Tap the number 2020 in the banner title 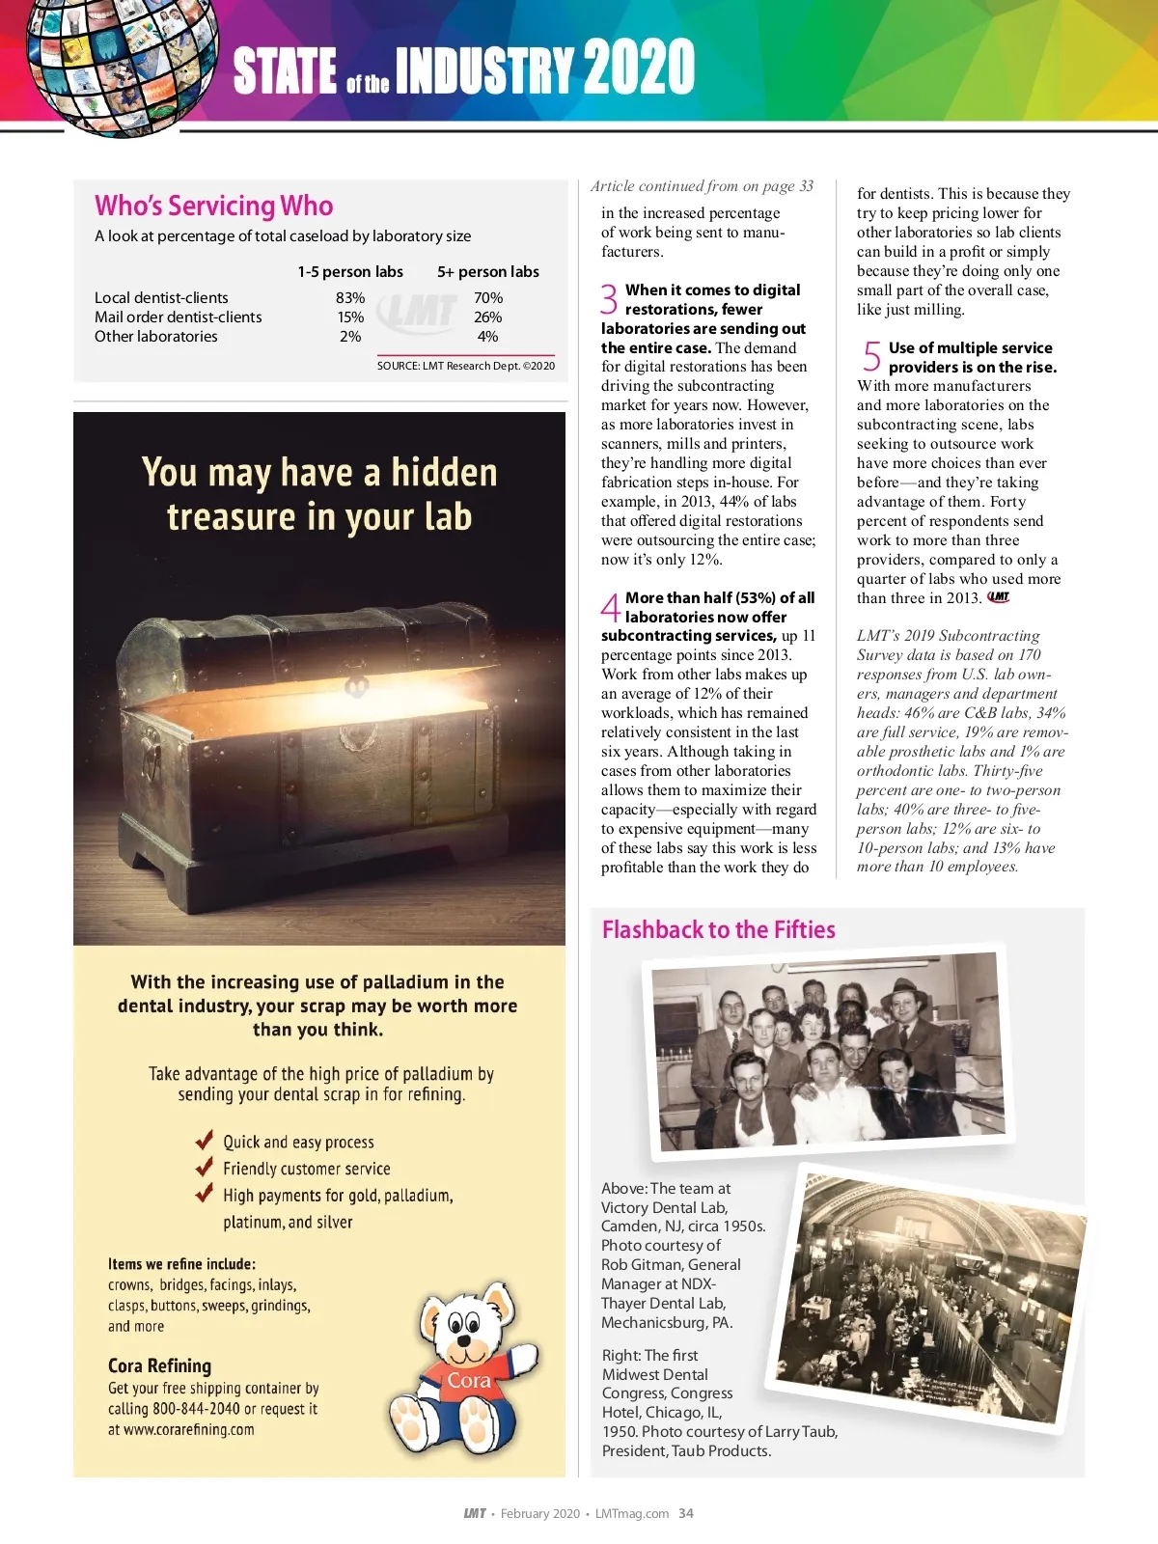[x=639, y=68]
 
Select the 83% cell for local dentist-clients [x=350, y=298]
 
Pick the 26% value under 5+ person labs [x=487, y=317]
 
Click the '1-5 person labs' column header [x=350, y=272]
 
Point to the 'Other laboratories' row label [x=156, y=337]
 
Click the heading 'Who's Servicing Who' [x=213, y=206]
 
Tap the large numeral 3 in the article [x=609, y=299]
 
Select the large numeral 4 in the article [x=610, y=607]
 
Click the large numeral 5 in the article [x=871, y=357]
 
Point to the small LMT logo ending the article [x=999, y=597]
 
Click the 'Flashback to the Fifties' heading [x=718, y=929]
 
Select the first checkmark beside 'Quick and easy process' [x=204, y=1141]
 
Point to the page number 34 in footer [x=686, y=1513]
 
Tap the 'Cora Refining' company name [x=159, y=1365]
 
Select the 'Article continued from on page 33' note [x=702, y=186]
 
